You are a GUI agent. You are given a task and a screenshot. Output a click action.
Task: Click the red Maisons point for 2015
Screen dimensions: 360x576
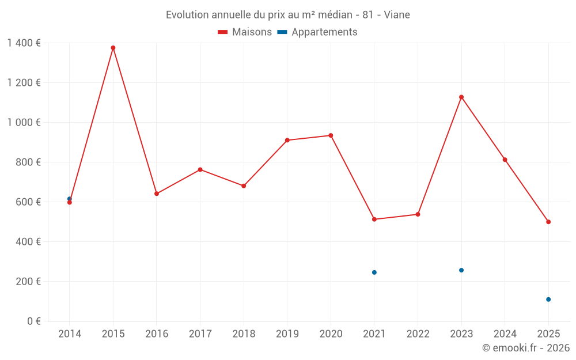[x=113, y=48]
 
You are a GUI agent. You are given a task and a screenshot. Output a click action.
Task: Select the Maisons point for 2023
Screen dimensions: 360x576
[x=461, y=97]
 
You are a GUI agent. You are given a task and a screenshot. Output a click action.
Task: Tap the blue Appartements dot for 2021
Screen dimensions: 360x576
[x=374, y=272]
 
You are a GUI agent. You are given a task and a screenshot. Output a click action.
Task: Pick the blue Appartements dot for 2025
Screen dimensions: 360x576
[x=548, y=300]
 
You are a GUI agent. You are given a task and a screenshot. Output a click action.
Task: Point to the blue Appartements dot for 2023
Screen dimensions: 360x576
[x=461, y=270]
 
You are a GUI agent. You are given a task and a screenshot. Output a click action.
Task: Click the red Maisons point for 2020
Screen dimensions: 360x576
[x=331, y=135]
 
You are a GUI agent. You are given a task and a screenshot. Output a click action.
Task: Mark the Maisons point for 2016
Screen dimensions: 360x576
[x=157, y=194]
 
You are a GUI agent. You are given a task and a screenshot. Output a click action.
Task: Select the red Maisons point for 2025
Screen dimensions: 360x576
[x=548, y=222]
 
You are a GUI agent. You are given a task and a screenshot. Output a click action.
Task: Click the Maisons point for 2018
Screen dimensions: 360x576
[x=244, y=186]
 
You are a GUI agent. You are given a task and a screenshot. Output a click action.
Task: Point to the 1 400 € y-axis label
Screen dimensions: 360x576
[x=24, y=43]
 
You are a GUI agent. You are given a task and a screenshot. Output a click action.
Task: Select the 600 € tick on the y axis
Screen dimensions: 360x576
[x=28, y=202]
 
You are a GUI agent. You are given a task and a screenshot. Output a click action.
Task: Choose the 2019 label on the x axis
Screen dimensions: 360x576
[x=287, y=334]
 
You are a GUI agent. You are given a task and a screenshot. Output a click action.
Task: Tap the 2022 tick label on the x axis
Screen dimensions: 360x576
[x=418, y=334]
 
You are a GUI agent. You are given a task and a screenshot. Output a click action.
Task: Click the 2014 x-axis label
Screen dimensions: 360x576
[x=70, y=334]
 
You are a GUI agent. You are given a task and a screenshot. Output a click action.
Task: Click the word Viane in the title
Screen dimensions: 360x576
[x=397, y=15]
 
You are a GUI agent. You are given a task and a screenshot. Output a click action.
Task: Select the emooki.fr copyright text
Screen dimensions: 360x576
[x=526, y=348]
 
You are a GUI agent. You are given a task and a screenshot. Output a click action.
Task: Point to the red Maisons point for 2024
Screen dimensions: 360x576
[x=505, y=160]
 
